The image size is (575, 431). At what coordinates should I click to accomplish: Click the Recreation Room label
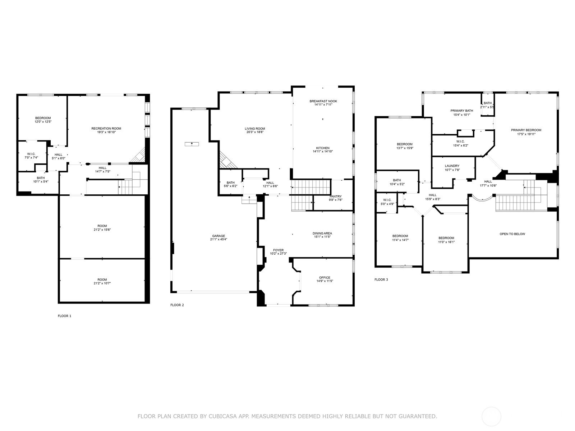coord(106,129)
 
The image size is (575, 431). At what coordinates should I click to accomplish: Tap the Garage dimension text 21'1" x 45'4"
coord(218,239)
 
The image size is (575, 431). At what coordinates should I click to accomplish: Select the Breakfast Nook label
coord(323,101)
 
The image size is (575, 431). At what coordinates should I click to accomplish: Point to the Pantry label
coord(336,196)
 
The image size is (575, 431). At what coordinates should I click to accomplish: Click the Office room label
coord(325,278)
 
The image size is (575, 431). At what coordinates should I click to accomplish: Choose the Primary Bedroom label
coord(526,130)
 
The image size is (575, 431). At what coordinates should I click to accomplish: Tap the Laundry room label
coord(452,166)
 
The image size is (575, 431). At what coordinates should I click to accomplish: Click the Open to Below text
coord(512,234)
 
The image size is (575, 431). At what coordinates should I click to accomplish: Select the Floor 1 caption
coord(64,316)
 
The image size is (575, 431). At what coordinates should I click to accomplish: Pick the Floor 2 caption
coord(177,305)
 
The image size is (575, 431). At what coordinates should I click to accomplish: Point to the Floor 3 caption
coord(381,279)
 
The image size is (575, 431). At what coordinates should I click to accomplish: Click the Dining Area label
coord(322,233)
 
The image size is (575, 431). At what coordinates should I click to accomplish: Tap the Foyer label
coord(278,250)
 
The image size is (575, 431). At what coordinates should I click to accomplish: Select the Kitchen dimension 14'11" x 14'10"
coord(323,151)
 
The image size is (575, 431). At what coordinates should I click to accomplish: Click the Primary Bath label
coord(462,111)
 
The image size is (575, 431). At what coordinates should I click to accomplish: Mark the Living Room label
coord(255,129)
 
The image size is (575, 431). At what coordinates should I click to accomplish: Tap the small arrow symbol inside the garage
coord(192,144)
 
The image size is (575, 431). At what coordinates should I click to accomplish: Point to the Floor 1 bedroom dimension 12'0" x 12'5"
coord(43,122)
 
